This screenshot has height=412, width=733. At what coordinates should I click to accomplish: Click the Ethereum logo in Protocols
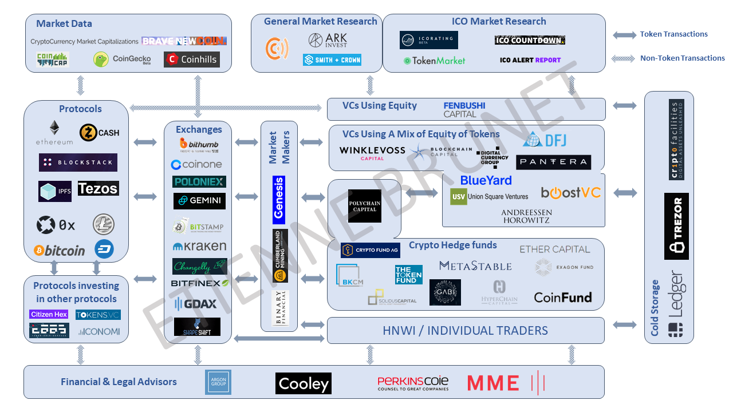[x=54, y=132]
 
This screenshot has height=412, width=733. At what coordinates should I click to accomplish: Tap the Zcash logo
[x=100, y=132]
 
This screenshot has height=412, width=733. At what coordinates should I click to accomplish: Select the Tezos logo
[x=98, y=188]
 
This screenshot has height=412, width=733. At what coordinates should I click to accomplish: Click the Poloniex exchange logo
[x=199, y=181]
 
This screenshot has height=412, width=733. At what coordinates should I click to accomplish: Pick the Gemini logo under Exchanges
[x=199, y=201]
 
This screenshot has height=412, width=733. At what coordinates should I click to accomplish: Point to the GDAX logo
[x=196, y=304]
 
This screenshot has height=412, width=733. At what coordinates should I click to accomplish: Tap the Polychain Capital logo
[x=365, y=206]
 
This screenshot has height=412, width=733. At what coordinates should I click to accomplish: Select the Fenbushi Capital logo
[x=464, y=109]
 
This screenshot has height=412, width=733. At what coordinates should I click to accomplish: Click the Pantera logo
[x=553, y=162]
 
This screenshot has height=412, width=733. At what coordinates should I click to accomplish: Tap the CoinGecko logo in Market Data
[x=122, y=59]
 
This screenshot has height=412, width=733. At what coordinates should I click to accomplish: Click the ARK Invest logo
[x=328, y=40]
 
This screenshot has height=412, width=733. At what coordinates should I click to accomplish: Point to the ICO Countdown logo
[x=530, y=40]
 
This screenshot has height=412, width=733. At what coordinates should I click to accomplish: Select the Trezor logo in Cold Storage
[x=677, y=226]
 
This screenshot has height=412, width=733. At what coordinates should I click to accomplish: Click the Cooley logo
[x=304, y=383]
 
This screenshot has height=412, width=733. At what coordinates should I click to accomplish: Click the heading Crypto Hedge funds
[x=452, y=245]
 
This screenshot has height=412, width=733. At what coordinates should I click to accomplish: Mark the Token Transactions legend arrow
[x=624, y=35]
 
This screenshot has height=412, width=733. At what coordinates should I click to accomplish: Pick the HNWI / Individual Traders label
[x=465, y=331]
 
